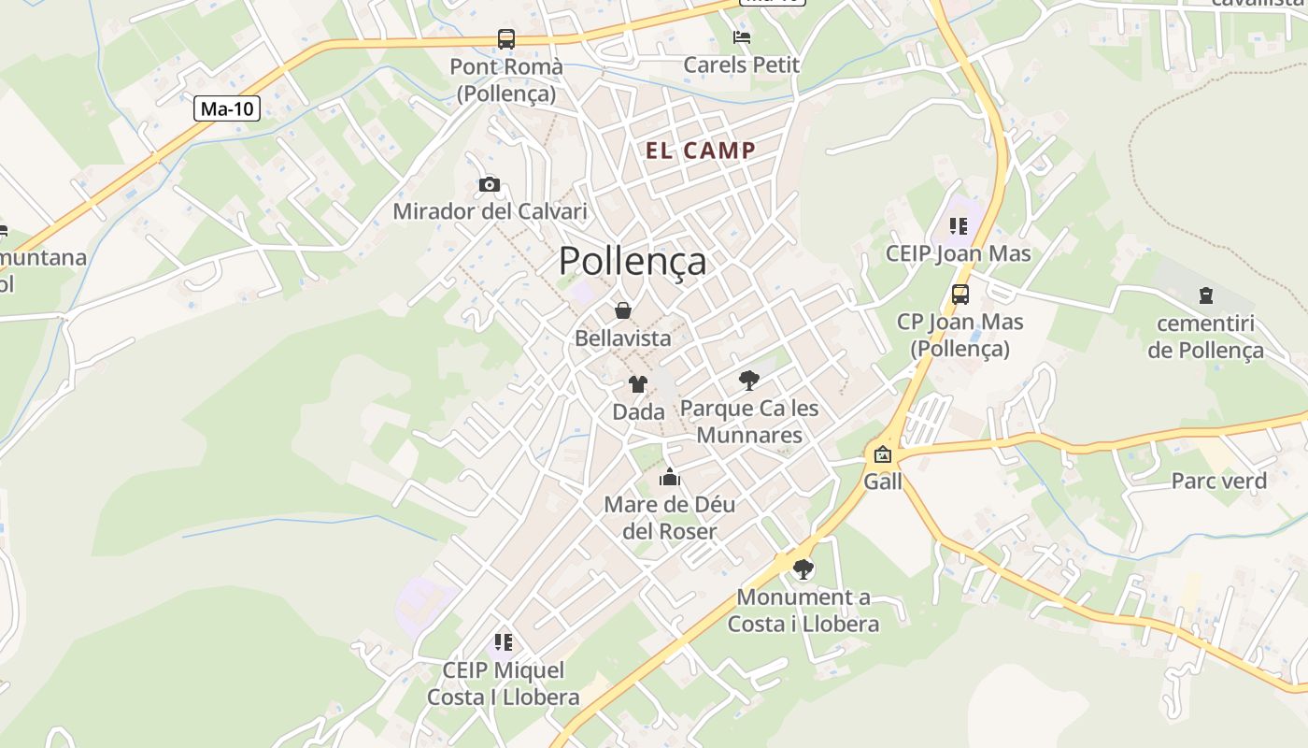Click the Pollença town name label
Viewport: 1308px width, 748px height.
point(633,262)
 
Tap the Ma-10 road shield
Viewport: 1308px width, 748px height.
point(227,108)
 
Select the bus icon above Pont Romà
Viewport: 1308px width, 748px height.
point(505,39)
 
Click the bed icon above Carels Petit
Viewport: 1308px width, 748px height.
point(742,37)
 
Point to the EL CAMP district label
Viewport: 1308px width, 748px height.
point(701,151)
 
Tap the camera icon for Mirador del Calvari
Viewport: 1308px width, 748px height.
point(489,184)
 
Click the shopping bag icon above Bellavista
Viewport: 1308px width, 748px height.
point(623,310)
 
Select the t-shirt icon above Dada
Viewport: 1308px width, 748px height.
point(638,383)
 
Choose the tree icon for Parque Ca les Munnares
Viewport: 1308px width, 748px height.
point(748,380)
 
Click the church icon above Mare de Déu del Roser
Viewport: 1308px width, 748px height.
point(669,478)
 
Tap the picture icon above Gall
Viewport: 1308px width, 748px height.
point(882,455)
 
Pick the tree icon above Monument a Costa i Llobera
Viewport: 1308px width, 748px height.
point(803,568)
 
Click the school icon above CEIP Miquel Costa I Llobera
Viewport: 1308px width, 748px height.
point(504,642)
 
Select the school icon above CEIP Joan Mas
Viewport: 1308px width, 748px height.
point(958,226)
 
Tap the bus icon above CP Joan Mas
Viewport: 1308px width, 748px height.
point(960,295)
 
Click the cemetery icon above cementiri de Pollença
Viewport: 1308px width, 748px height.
point(1206,295)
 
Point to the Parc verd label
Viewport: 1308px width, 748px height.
point(1219,482)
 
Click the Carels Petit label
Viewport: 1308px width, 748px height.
point(742,65)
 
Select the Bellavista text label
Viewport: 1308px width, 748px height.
point(623,338)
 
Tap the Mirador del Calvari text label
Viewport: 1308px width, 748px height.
point(490,211)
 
